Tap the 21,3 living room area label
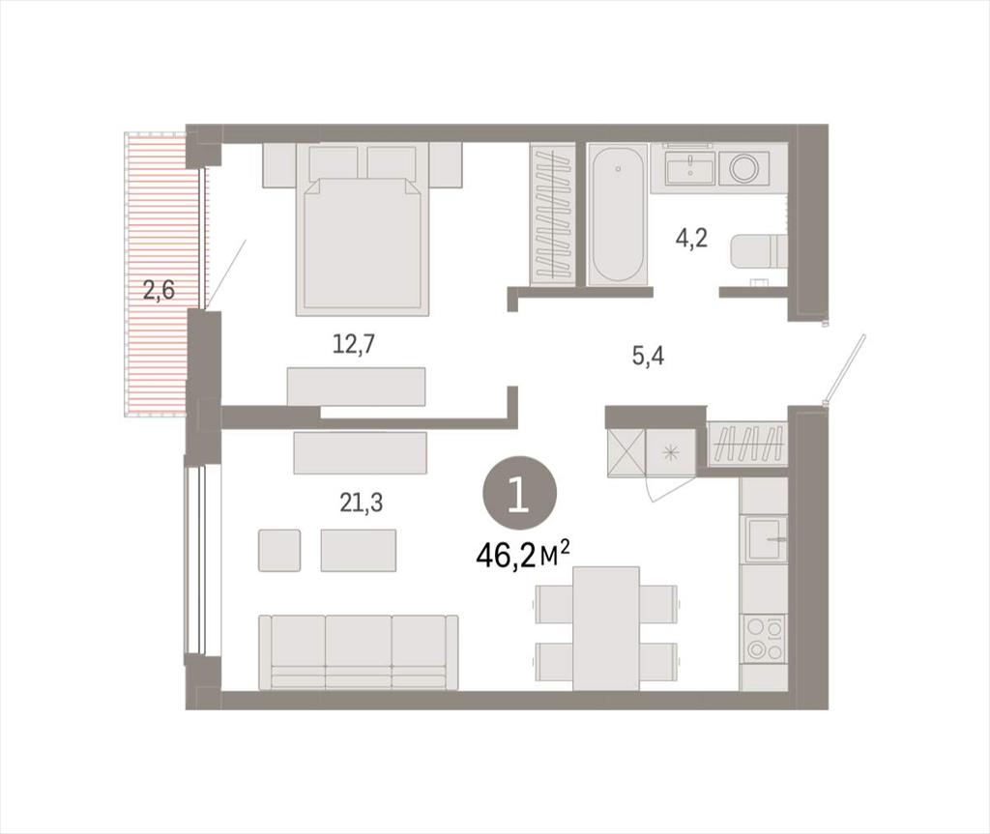click(362, 503)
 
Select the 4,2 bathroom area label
click(691, 239)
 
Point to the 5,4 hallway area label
click(649, 358)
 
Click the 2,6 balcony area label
click(159, 291)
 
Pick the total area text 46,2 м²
click(523, 555)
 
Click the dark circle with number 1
click(519, 494)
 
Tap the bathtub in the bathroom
click(618, 214)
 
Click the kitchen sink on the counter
click(766, 538)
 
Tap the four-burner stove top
click(765, 639)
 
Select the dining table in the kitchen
click(606, 628)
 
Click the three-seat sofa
click(359, 652)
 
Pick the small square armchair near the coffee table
click(279, 551)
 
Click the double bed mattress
click(364, 246)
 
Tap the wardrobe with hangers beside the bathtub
click(552, 215)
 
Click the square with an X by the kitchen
click(626, 451)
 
